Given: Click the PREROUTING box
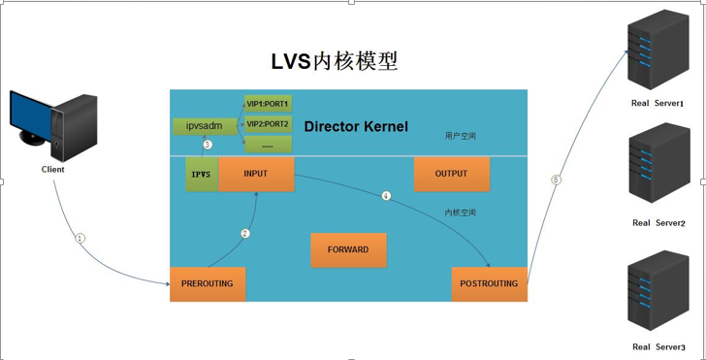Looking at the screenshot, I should coord(208,283).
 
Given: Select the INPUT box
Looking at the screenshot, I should coord(256,174).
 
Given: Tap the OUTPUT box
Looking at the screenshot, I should coord(451,174).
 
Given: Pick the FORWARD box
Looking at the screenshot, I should coord(348,249).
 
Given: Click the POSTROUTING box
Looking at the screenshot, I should coord(489,283).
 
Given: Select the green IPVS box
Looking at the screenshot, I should coord(202,174).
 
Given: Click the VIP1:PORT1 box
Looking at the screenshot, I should coord(267,104).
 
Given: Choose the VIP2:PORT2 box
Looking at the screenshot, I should coord(267,124).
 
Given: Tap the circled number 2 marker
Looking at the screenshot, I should coord(245,233).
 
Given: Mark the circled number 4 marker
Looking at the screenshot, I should coord(386,196).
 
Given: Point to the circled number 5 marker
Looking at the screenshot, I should coord(556,180).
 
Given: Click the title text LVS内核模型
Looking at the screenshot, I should coord(334,61).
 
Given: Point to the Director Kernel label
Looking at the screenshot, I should coord(356,127).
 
